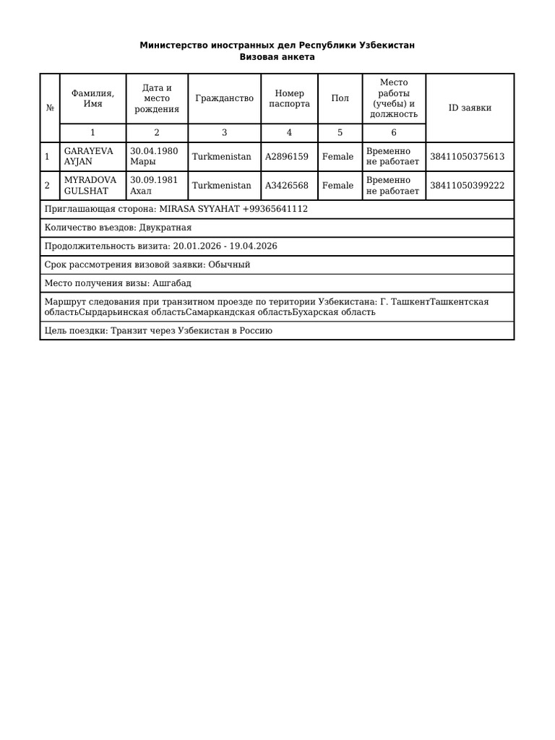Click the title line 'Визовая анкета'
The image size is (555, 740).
277,57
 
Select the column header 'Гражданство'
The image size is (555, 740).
224,99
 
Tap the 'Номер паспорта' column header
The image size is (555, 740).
289,99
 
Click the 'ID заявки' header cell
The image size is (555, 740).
470,108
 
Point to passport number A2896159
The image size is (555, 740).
286,157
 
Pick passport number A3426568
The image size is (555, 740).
286,186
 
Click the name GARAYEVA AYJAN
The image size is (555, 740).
88,157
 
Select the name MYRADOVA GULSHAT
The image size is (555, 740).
90,186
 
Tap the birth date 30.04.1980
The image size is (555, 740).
154,152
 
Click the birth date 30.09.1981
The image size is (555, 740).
154,181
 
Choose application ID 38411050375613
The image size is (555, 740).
467,157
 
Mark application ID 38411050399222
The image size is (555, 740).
467,186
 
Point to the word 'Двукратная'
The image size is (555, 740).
165,228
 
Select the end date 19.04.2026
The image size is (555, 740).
253,246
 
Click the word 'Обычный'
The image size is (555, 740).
229,264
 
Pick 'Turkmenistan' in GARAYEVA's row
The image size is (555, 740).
222,157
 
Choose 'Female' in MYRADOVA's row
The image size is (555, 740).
337,186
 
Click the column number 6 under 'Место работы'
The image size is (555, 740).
394,133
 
